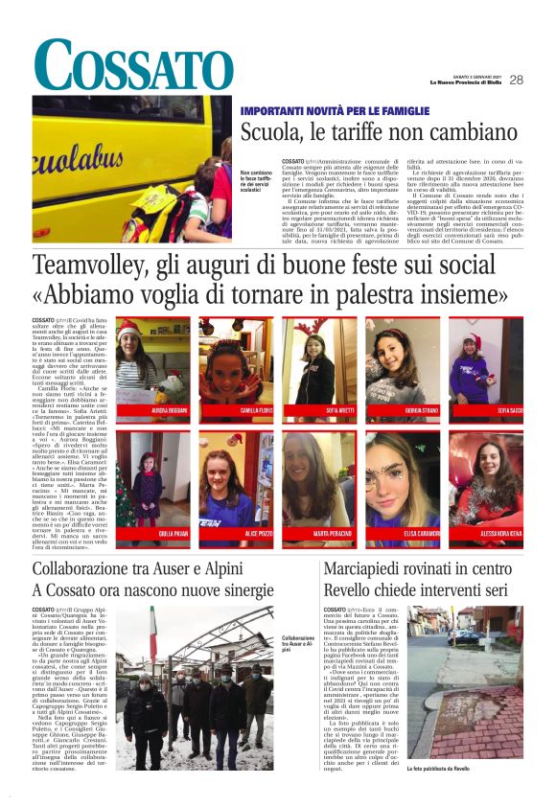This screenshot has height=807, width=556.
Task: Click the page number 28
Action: pyautogui.click(x=516, y=81)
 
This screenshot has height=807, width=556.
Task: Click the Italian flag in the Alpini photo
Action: pyautogui.click(x=152, y=632)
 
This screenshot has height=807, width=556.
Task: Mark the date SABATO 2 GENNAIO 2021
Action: pyautogui.click(x=464, y=79)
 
